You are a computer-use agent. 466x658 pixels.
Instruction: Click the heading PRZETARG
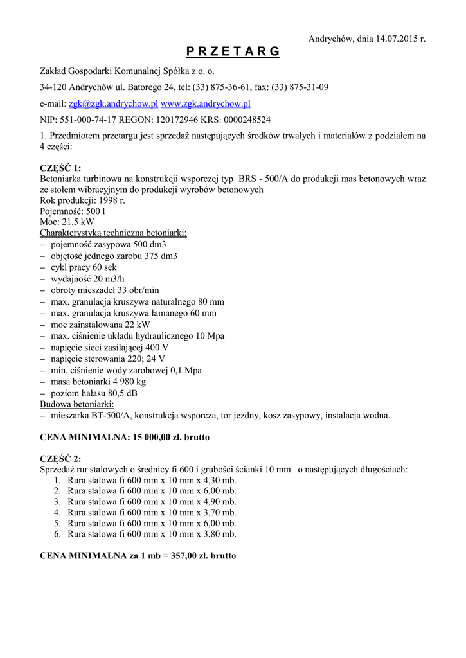(233, 52)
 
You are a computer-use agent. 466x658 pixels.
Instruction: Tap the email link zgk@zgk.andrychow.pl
(113, 103)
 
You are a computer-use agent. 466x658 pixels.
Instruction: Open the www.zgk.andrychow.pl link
(205, 103)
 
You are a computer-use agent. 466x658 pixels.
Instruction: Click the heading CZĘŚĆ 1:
(60, 168)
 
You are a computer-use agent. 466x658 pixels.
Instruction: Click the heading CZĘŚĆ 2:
(60, 459)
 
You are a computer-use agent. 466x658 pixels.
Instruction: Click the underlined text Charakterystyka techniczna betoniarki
(113, 233)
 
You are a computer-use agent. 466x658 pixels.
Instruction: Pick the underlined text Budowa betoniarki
(76, 405)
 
